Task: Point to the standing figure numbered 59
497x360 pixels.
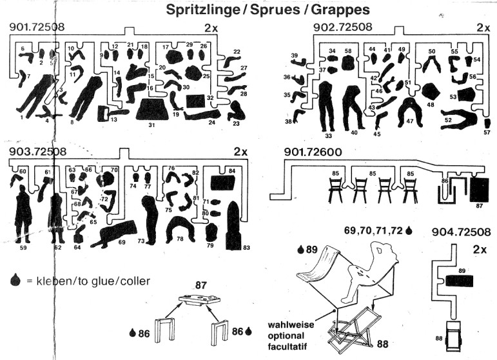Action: tap(24, 214)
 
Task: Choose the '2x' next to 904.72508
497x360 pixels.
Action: tap(479, 248)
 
